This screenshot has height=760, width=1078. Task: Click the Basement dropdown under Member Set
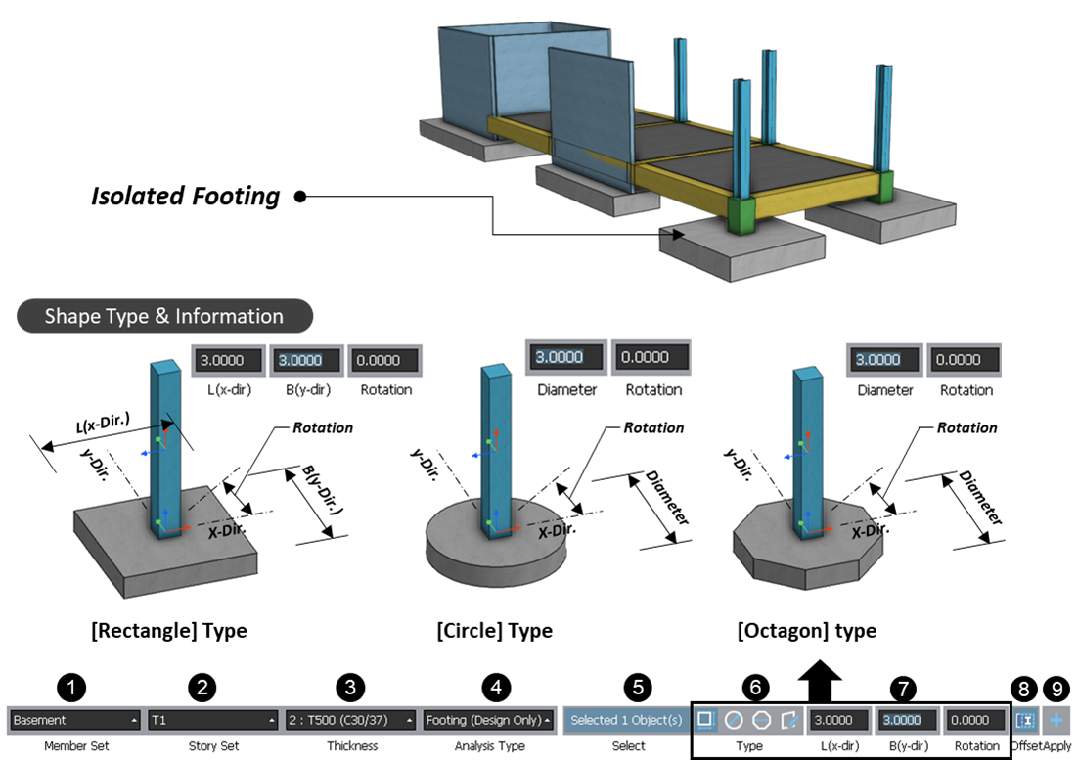tap(74, 720)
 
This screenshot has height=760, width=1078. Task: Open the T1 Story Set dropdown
tap(212, 720)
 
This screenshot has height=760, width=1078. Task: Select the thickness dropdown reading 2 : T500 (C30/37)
tap(351, 720)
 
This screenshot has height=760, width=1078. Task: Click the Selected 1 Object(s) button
tap(626, 720)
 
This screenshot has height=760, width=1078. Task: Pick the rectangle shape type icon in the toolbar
tap(704, 720)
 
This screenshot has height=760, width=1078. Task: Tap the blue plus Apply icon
tap(1056, 720)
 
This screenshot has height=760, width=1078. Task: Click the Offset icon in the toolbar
tap(1025, 720)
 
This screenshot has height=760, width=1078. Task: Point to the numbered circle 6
tap(753, 689)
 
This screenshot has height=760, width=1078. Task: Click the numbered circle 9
tap(1056, 689)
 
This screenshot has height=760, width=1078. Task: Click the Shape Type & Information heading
tap(164, 317)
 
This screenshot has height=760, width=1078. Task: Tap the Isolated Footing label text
tap(186, 197)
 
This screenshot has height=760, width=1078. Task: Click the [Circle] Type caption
tap(495, 631)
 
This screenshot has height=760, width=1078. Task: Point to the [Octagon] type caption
tap(806, 631)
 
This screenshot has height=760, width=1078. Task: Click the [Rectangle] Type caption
tap(168, 631)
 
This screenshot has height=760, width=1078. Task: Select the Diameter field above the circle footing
tap(565, 357)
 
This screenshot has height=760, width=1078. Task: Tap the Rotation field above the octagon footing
tap(965, 359)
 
